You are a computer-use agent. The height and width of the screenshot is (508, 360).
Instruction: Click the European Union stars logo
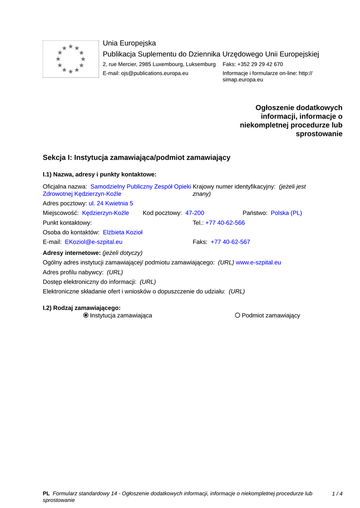click(71, 59)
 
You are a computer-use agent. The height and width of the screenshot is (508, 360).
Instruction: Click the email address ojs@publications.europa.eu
click(154, 73)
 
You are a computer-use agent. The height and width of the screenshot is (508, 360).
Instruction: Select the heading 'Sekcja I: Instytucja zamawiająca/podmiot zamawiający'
click(137, 157)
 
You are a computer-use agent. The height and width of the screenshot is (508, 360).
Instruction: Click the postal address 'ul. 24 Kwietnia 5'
click(111, 203)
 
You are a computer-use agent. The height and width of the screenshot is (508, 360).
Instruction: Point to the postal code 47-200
click(195, 213)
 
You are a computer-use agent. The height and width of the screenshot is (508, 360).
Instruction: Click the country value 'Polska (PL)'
click(286, 213)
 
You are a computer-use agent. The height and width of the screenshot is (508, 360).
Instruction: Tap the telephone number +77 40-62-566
click(225, 223)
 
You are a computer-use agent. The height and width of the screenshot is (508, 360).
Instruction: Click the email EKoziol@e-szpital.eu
click(94, 242)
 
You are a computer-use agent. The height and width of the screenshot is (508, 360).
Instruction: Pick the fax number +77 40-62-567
click(230, 242)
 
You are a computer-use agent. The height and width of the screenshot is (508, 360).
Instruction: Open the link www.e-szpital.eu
click(258, 262)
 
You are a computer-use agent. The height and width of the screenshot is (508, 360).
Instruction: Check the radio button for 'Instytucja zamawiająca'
click(86, 316)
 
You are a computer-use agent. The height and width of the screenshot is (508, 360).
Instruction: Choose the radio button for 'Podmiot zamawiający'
click(238, 316)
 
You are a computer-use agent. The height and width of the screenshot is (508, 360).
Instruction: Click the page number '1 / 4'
click(337, 494)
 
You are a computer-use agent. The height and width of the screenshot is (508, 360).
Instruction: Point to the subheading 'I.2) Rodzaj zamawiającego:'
click(82, 308)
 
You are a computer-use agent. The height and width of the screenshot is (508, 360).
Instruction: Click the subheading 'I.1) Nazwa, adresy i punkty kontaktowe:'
click(99, 174)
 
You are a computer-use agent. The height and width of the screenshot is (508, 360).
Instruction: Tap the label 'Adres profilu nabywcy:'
click(73, 272)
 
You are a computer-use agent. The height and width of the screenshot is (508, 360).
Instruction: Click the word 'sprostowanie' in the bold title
click(319, 134)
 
